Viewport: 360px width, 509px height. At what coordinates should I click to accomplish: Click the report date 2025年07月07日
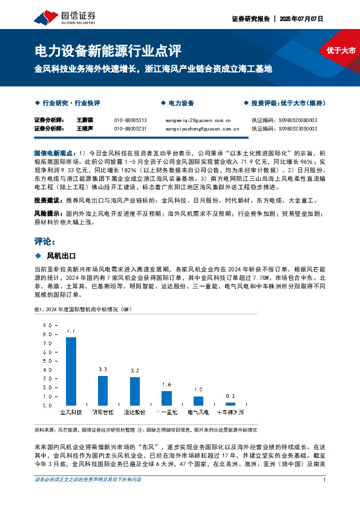302,19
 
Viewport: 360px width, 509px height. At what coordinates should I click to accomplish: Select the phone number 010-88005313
130,120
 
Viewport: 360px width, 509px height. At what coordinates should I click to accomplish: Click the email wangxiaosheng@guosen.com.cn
202,129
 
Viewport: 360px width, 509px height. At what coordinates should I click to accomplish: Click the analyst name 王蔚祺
84,120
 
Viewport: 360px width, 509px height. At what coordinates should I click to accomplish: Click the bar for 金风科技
71,371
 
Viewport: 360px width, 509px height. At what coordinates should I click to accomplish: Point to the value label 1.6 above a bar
167,384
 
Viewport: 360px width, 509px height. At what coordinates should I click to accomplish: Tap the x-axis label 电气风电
198,412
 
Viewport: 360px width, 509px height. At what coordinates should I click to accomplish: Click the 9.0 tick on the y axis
47,326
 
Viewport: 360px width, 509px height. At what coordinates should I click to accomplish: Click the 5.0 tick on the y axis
47,361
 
